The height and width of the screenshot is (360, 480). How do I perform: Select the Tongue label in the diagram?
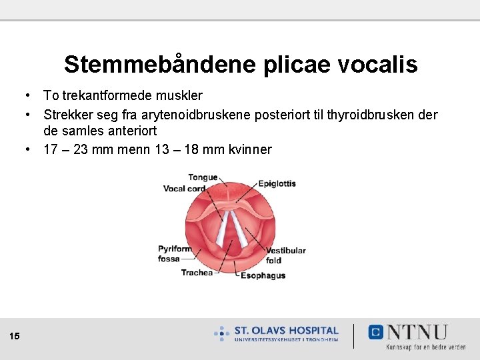203,177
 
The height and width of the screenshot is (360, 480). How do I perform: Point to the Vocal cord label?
184,189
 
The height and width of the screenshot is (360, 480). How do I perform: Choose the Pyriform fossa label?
174,254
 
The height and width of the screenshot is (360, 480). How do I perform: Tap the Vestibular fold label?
285,255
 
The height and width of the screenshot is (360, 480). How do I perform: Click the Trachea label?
197,272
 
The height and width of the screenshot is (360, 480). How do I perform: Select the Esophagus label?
263,275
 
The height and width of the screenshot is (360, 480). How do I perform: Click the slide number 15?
15,336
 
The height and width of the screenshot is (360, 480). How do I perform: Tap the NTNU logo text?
417,332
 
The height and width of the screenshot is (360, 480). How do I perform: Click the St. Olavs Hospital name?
286,331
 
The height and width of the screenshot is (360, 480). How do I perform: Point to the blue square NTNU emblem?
376,332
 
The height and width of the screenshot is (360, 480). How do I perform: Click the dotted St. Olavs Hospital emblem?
222,333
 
